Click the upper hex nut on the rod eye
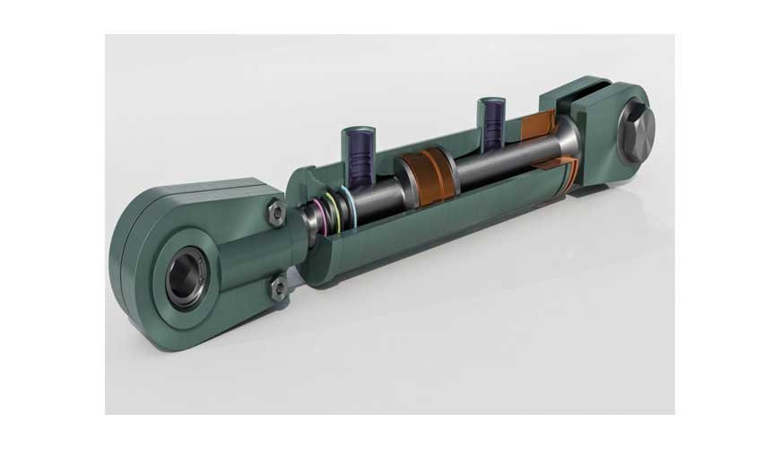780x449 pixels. click(x=277, y=213)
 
